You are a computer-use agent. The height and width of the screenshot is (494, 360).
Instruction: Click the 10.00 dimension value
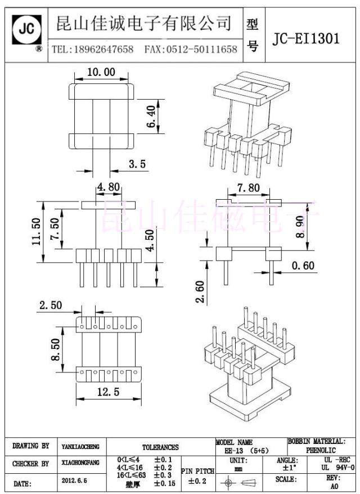(x=101, y=72)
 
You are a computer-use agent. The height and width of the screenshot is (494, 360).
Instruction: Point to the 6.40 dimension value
(x=151, y=117)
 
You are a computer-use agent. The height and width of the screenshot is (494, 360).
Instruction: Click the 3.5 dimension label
(x=137, y=164)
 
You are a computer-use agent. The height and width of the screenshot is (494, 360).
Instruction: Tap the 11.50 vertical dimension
(x=37, y=232)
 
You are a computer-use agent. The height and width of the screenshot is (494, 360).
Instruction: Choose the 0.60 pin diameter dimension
(x=303, y=266)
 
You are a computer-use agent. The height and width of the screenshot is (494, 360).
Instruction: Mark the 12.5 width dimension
(x=107, y=393)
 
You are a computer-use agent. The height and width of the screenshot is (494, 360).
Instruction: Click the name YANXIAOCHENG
(x=80, y=447)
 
